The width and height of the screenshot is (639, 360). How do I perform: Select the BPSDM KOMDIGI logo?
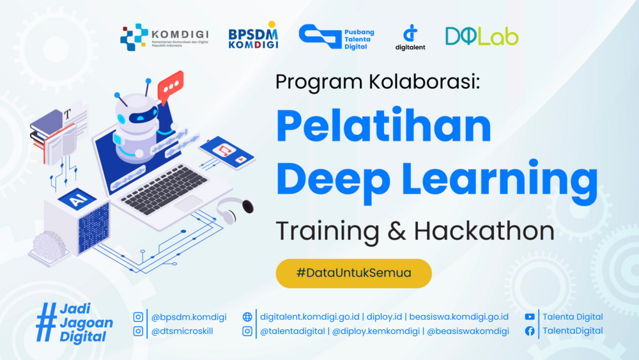[253, 37]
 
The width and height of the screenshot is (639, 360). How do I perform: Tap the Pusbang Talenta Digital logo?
[337, 37]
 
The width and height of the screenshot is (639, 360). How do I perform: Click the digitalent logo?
[410, 37]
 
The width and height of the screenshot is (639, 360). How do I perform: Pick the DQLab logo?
[482, 36]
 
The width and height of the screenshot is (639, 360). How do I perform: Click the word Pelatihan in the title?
[383, 126]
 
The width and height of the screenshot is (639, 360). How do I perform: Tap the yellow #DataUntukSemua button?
[354, 273]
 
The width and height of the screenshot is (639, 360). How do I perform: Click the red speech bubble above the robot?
[171, 85]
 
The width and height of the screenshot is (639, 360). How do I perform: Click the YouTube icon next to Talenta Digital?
[530, 317]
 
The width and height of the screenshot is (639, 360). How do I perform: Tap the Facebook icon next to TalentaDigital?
[530, 331]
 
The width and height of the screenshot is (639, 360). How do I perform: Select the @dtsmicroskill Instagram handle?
[182, 331]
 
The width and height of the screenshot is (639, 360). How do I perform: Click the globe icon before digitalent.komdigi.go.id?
[247, 317]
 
